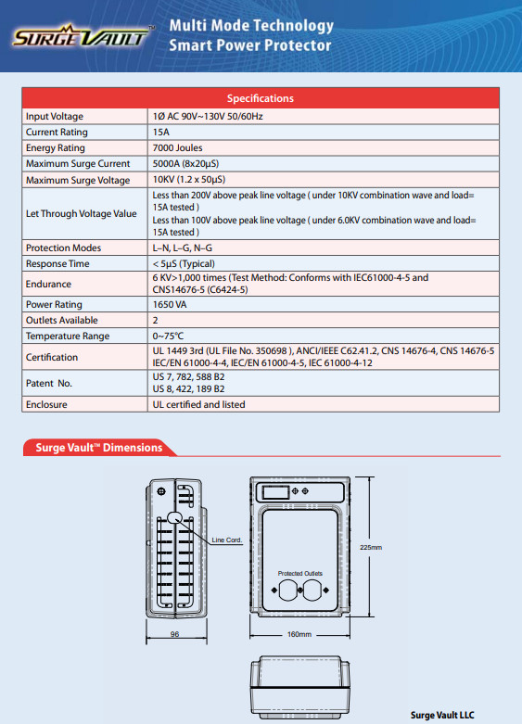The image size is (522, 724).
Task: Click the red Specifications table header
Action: tap(261, 98)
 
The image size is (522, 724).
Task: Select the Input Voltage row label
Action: tap(55, 117)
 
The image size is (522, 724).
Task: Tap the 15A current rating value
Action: tap(161, 133)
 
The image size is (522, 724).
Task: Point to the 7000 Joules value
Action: tap(177, 148)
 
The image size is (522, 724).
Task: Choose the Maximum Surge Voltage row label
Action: tap(78, 180)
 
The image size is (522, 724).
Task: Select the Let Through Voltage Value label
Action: tap(81, 214)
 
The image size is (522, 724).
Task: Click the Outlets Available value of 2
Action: tap(155, 320)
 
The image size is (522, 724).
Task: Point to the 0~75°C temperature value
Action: tap(168, 336)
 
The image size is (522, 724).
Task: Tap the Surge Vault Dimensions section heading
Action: tap(98, 448)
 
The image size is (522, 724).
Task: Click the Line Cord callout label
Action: tap(226, 540)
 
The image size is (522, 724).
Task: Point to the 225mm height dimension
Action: tap(371, 548)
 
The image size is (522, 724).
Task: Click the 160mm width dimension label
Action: tap(299, 635)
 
